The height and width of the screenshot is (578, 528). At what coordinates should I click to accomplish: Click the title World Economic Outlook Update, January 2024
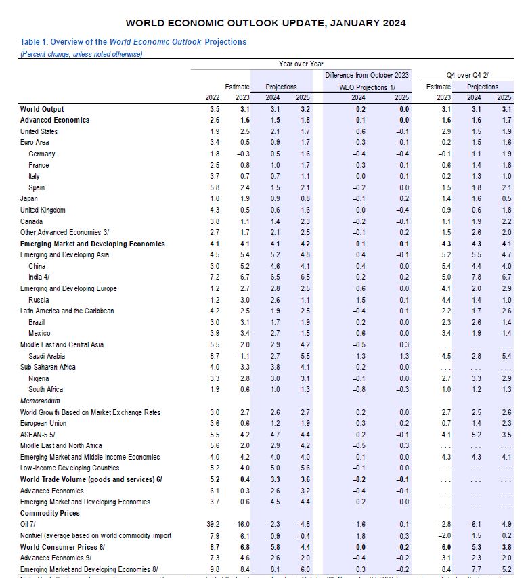tap(266, 23)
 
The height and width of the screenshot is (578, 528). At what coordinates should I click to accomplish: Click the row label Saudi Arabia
tap(47, 356)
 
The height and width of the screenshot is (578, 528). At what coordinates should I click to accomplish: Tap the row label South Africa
tap(46, 389)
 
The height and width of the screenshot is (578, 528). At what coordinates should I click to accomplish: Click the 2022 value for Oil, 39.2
tap(213, 524)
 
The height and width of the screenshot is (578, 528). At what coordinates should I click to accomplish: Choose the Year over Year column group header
tap(301, 64)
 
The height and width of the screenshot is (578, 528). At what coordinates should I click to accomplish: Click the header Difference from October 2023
tap(367, 75)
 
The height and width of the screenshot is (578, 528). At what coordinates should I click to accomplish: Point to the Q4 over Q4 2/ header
tap(468, 75)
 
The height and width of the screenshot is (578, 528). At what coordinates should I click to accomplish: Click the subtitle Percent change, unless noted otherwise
tap(81, 53)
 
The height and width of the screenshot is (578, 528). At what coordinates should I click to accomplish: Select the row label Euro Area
tap(35, 142)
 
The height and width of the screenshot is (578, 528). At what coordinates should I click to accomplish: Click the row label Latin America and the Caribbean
tap(67, 311)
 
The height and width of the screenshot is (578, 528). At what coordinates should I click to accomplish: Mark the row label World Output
tap(41, 109)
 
